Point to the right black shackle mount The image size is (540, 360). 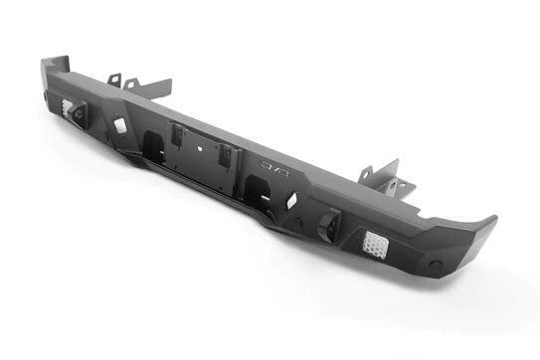327,228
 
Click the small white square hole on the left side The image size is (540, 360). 120,126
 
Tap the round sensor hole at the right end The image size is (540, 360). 435,266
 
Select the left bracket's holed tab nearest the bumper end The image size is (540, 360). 115,79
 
